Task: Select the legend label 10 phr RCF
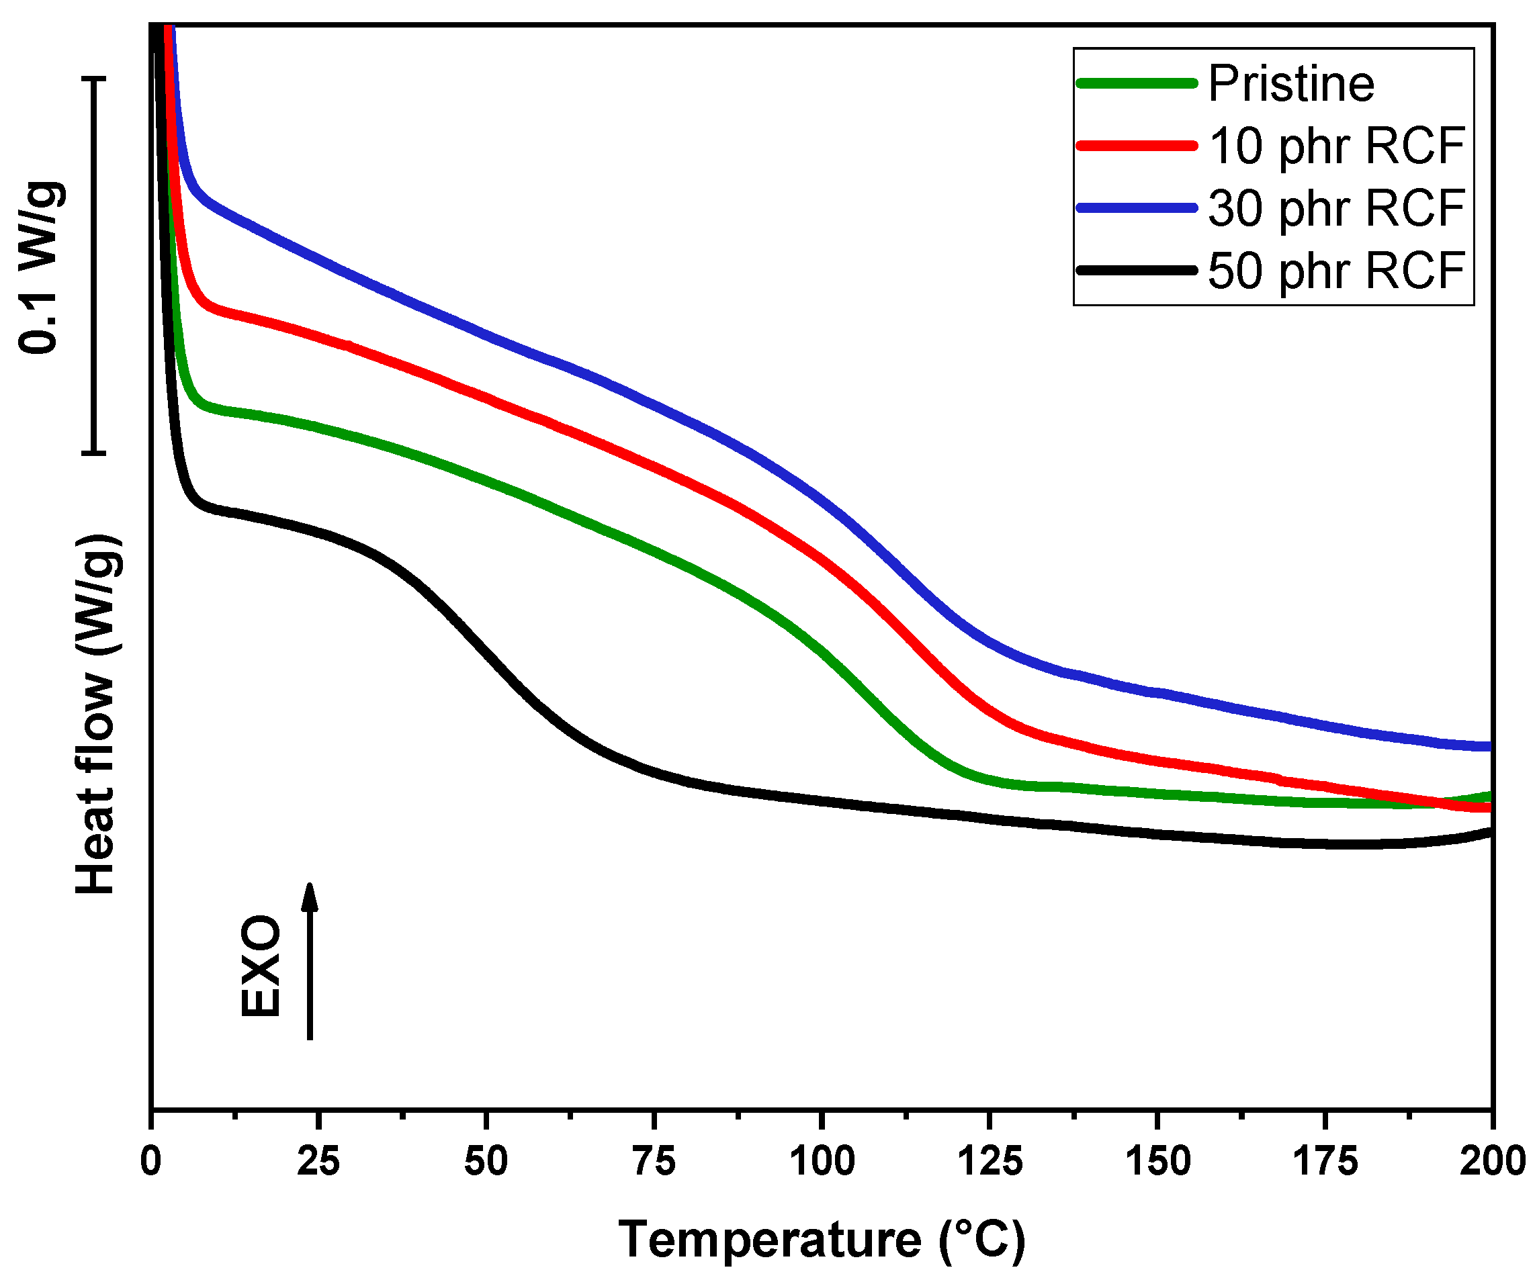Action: click(1336, 146)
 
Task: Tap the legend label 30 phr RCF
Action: click(1336, 208)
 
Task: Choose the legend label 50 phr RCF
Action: click(1336, 271)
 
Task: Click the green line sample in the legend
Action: click(1137, 83)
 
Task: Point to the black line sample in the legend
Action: click(1137, 271)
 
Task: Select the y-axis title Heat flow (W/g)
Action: click(97, 713)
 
